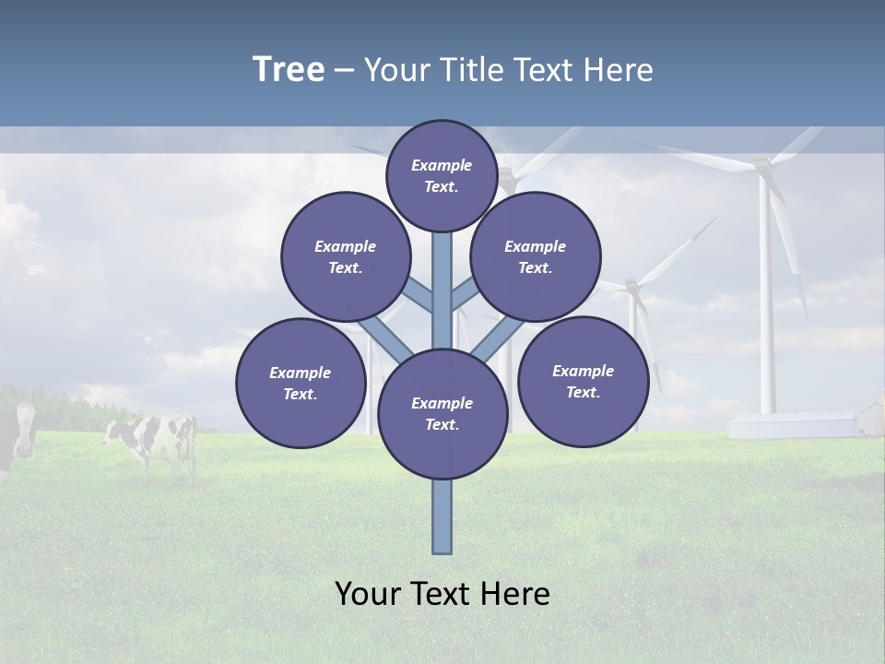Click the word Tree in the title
click(289, 70)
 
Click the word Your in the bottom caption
click(369, 594)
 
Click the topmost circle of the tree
click(442, 175)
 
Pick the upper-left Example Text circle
click(346, 256)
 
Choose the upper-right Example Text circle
click(536, 256)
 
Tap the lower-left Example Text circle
click(301, 383)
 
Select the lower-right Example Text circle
click(584, 381)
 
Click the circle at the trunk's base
click(442, 413)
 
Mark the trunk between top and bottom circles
click(442, 290)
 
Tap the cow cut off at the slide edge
click(17, 433)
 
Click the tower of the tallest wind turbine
click(765, 304)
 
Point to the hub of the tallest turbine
click(762, 166)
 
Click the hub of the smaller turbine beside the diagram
click(631, 286)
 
